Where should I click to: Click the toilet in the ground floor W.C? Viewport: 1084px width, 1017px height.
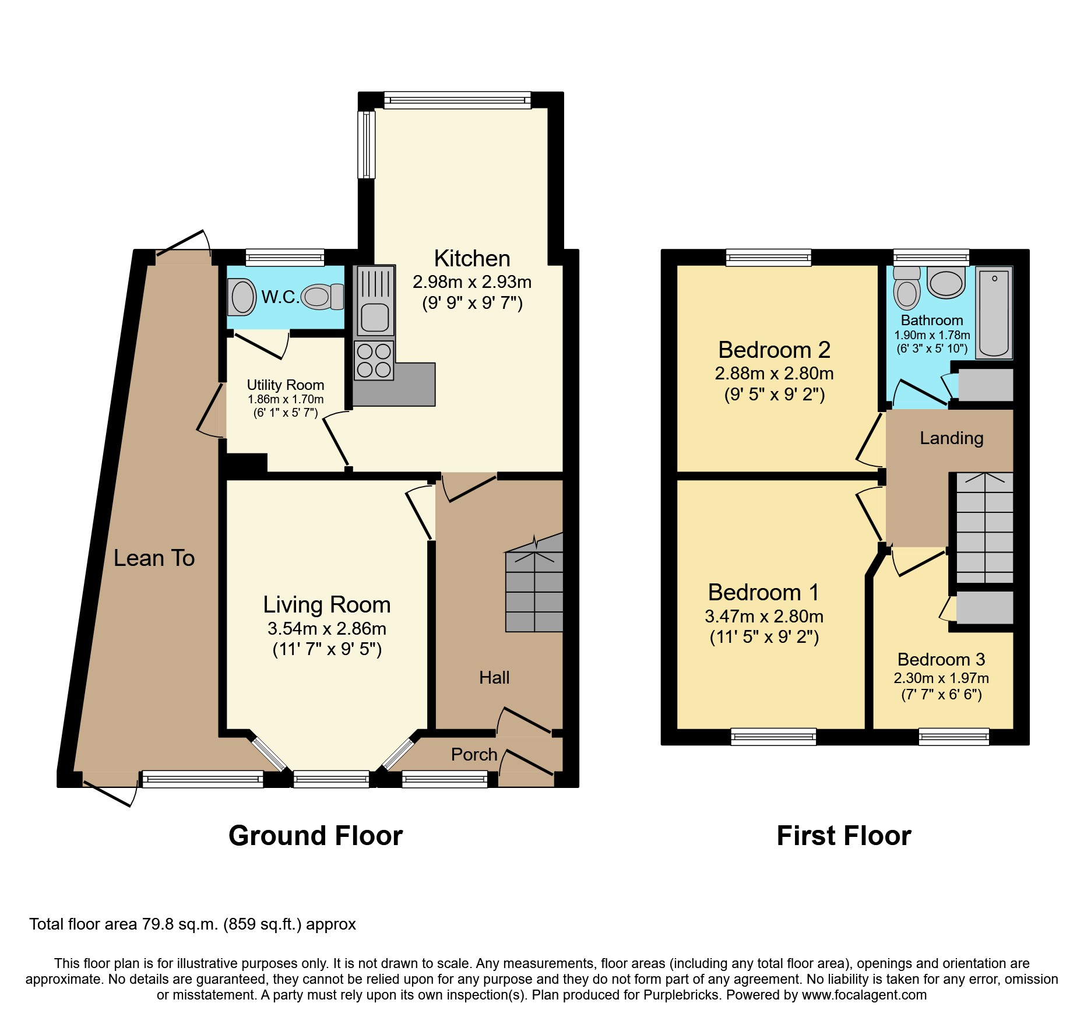pos(322,297)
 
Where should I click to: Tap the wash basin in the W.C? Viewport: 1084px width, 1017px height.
pos(242,297)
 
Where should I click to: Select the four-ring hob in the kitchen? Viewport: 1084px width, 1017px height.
pos(374,360)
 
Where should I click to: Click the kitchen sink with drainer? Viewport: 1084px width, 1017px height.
pos(375,301)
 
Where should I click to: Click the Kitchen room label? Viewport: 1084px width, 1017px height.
pos(472,258)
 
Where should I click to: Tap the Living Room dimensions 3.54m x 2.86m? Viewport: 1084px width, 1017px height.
pos(326,628)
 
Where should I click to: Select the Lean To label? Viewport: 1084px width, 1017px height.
pos(154,558)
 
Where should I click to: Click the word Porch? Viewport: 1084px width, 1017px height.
pos(474,755)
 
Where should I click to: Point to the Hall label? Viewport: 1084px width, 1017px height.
pos(494,677)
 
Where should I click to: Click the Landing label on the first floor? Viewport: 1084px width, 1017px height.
pos(951,438)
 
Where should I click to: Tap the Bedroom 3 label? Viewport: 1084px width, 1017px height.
pos(941,659)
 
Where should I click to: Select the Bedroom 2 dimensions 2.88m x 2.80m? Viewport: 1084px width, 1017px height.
pos(774,373)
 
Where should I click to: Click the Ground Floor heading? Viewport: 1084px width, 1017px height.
pos(315,836)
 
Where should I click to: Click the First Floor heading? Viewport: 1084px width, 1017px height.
pos(843,836)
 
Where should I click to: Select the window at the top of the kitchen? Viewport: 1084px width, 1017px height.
pos(457,100)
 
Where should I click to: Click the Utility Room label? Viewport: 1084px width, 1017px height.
pos(285,385)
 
